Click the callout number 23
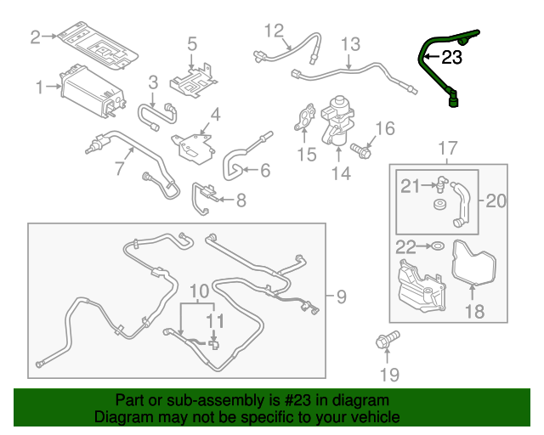pos(452,59)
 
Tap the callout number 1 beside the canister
pos(39,87)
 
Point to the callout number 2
pos(35,37)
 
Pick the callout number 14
pos(341,175)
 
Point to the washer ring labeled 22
pos(436,246)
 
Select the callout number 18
pos(473,312)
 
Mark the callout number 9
pos(340,297)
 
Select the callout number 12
pos(273,31)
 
